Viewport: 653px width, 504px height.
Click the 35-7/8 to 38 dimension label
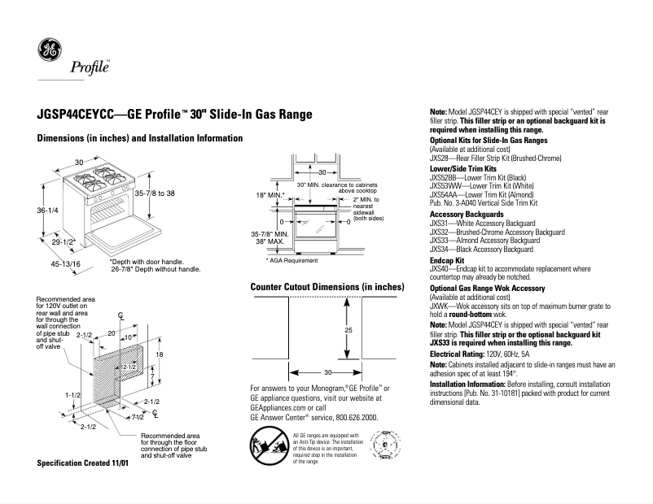tap(154, 193)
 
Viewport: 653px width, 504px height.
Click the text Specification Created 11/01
tap(83, 463)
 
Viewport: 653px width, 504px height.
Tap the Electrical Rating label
tap(460, 354)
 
